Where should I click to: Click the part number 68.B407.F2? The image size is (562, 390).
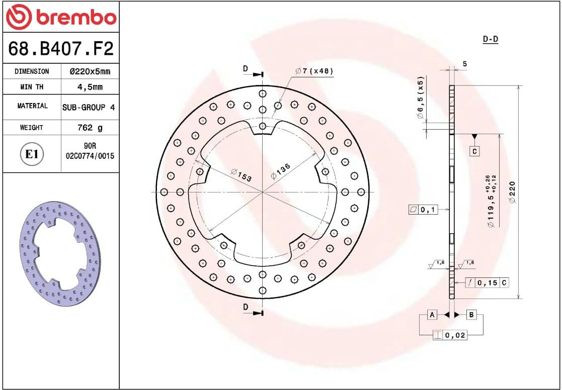click(x=60, y=48)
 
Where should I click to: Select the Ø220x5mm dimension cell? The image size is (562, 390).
click(x=90, y=71)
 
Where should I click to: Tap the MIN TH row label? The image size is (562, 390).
click(x=32, y=86)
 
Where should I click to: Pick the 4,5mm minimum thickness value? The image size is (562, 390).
click(x=90, y=86)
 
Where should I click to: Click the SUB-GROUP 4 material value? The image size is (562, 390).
click(x=89, y=107)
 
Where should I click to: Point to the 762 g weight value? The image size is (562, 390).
click(x=90, y=128)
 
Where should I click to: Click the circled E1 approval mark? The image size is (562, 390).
click(x=32, y=154)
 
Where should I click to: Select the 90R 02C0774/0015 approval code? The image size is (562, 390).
click(x=90, y=151)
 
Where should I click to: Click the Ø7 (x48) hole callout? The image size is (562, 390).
click(x=314, y=71)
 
